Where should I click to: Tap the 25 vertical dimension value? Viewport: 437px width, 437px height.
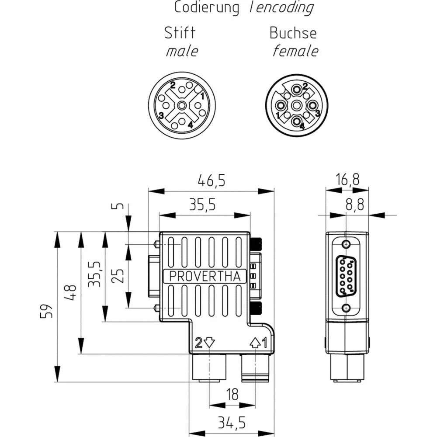pyautogui.click(x=118, y=275)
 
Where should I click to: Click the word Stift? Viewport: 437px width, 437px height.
pyautogui.click(x=179, y=33)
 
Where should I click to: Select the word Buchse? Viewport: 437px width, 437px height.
pyautogui.click(x=293, y=33)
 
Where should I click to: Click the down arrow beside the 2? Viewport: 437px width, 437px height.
pyautogui.click(x=210, y=342)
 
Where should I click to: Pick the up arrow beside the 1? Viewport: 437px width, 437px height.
pyautogui.click(x=255, y=342)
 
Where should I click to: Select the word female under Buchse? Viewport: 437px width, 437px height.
pyautogui.click(x=295, y=51)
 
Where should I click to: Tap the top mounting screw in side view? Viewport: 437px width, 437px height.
pyautogui.click(x=347, y=244)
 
